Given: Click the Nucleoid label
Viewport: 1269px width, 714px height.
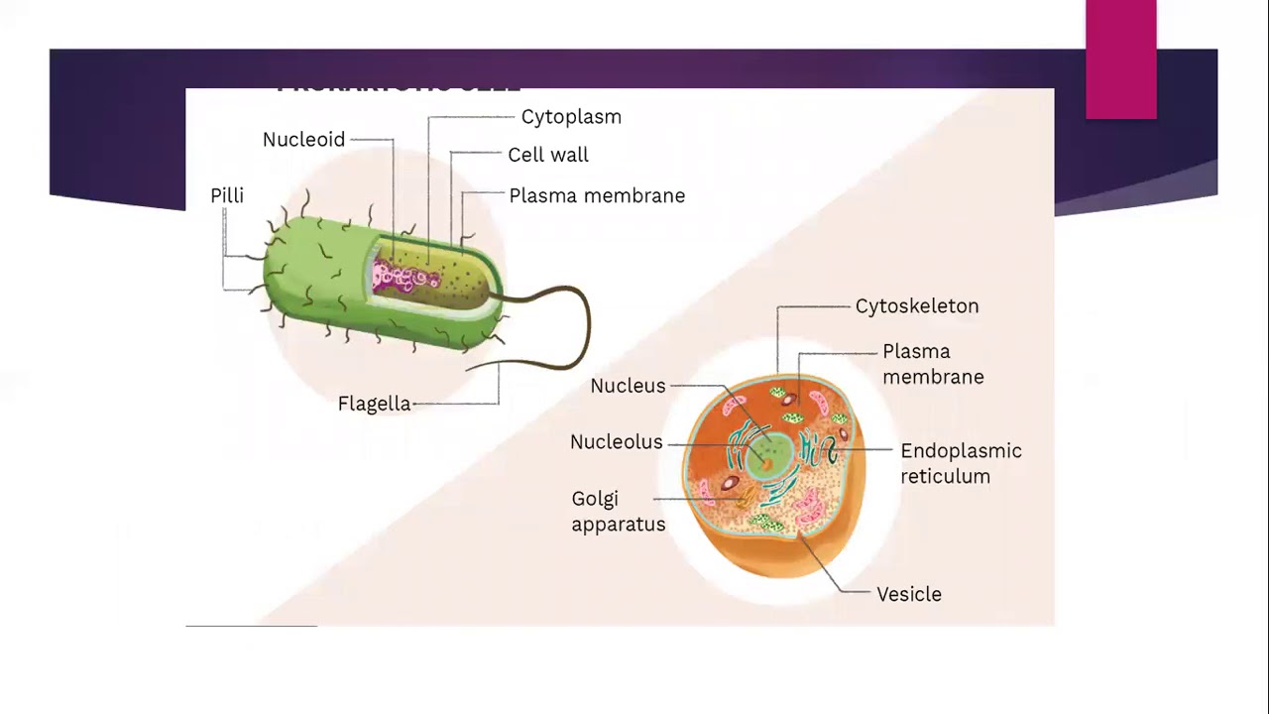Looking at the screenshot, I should click(303, 140).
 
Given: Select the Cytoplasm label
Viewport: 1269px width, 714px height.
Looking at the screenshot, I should click(571, 117).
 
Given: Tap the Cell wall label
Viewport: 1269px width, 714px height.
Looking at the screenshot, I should click(547, 156).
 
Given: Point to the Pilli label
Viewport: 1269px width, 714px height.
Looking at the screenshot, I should click(226, 196).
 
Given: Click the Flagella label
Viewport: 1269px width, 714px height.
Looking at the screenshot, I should click(374, 405).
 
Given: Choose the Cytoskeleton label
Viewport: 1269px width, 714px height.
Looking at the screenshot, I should click(916, 306).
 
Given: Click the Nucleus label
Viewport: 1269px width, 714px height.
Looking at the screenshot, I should click(628, 387).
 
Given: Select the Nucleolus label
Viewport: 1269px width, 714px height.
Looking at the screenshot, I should click(616, 442).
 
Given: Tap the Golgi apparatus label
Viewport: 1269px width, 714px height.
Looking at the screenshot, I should click(618, 512).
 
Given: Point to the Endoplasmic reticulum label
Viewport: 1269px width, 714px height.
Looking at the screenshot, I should click(960, 463).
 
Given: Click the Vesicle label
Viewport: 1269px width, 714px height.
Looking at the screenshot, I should click(908, 595).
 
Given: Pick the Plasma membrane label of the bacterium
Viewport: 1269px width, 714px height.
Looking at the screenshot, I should click(596, 196).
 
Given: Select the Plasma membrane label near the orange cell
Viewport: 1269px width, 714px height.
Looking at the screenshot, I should click(932, 364).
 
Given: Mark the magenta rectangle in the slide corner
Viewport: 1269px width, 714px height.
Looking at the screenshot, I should click(1120, 59).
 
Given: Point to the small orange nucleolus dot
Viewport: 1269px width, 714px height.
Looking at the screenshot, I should click(765, 461).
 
